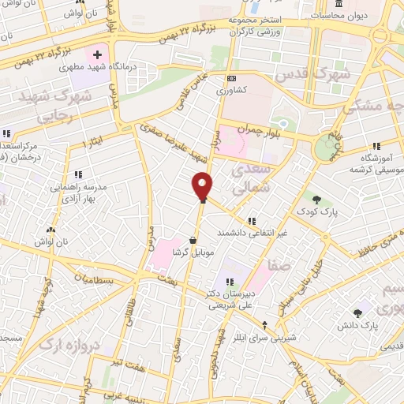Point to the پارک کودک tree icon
click(316, 200)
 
